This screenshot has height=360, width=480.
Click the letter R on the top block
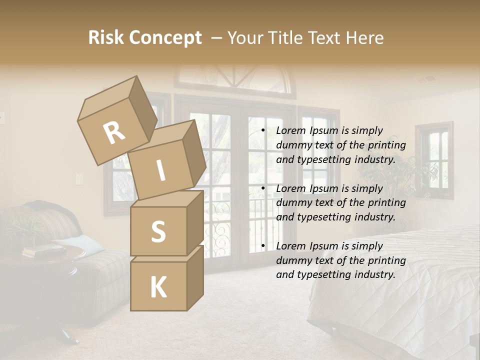point(114,133)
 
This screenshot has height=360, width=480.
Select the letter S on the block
point(158,231)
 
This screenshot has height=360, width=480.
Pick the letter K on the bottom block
point(158,287)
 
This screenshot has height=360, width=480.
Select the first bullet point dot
point(263,131)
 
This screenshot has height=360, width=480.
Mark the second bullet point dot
point(263,188)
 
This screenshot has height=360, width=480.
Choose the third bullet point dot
point(263,246)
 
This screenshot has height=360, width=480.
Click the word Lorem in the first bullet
point(291,130)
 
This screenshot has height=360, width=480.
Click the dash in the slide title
point(216,38)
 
